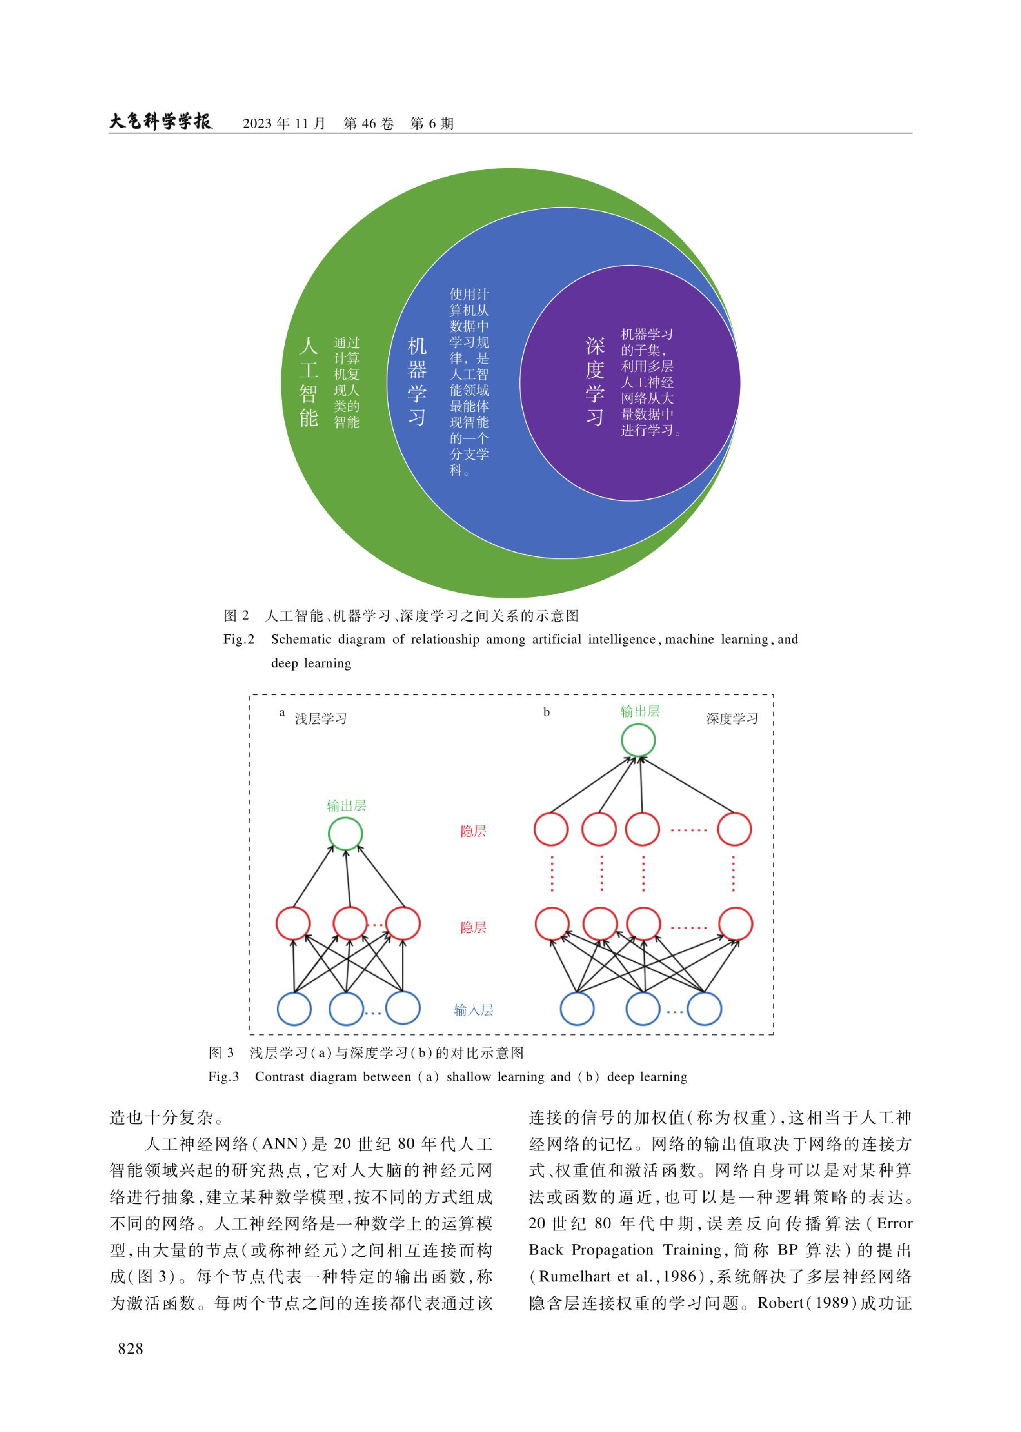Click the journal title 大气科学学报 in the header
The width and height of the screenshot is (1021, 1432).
[x=161, y=121]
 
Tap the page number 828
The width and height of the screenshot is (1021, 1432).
[x=130, y=1348]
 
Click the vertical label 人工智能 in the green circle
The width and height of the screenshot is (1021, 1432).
[x=308, y=382]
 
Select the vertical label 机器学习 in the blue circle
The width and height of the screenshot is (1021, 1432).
[x=417, y=382]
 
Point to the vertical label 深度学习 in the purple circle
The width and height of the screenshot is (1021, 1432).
[x=595, y=382]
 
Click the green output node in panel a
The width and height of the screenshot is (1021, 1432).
[x=346, y=834]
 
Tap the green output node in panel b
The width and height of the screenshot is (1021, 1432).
[x=638, y=740]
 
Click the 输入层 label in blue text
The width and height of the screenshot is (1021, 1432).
[x=473, y=1010]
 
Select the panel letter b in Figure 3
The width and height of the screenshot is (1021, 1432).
[x=546, y=712]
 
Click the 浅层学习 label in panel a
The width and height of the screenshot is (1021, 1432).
[x=321, y=719]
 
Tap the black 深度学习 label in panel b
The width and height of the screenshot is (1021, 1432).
[x=732, y=719]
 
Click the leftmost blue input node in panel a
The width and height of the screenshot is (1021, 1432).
[x=294, y=1009]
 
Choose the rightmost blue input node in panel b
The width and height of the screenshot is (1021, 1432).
[x=704, y=1009]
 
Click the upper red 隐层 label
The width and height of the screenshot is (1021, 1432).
[x=473, y=831]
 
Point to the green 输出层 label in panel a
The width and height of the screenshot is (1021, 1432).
[x=346, y=805]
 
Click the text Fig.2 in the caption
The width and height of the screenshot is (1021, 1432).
[x=239, y=639]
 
